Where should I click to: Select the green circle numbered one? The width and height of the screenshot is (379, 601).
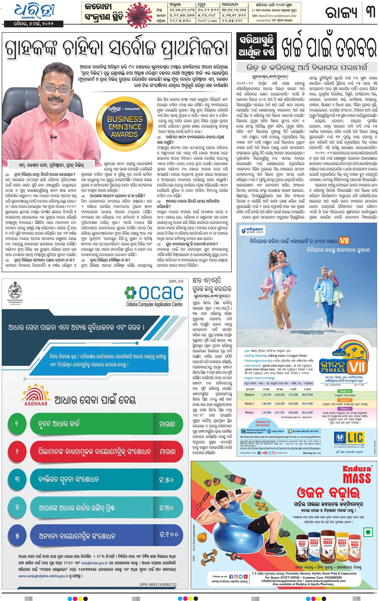click(17, 423)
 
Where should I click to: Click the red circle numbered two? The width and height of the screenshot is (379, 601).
click(17, 451)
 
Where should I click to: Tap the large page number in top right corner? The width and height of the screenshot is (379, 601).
click(371, 12)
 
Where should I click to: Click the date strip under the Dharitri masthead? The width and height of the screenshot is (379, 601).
click(34, 24)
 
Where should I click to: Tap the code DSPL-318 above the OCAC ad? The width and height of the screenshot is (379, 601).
click(176, 281)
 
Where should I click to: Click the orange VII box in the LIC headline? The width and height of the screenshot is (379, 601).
click(344, 241)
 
